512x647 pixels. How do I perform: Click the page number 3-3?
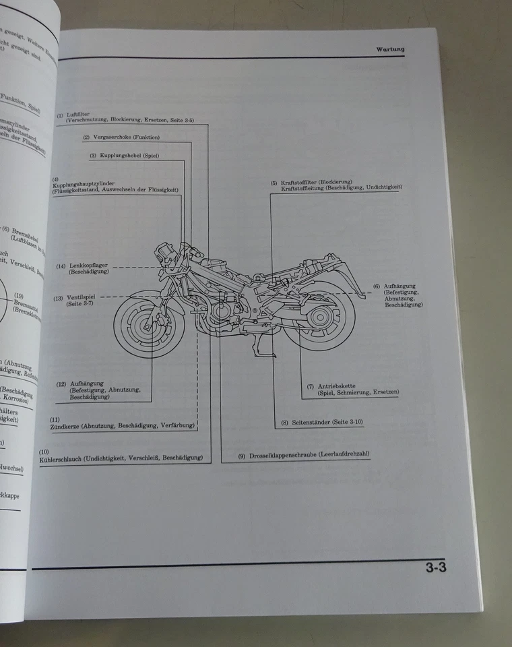pyautogui.click(x=436, y=567)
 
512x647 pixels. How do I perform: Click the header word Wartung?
pyautogui.click(x=389, y=49)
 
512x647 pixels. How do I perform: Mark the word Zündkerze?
pyautogui.click(x=66, y=426)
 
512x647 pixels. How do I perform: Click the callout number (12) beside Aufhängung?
pyautogui.click(x=61, y=384)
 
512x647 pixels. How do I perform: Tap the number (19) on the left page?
pyautogui.click(x=19, y=296)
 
